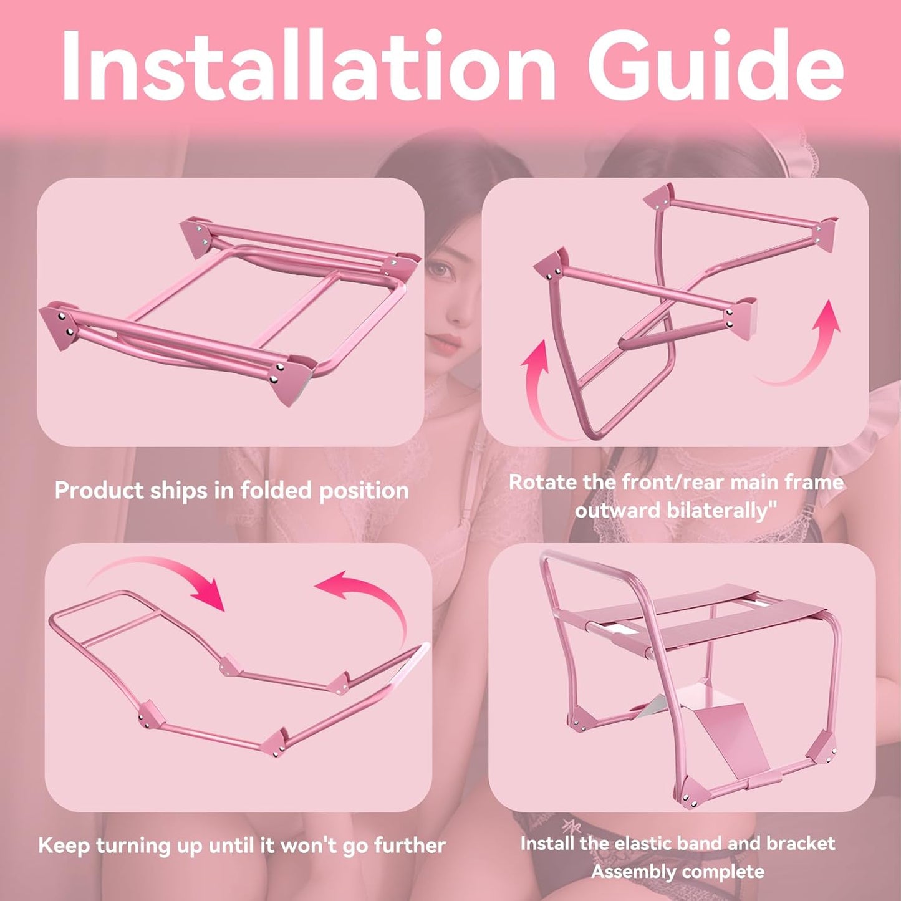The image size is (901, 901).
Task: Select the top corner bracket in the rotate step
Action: [658, 196]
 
